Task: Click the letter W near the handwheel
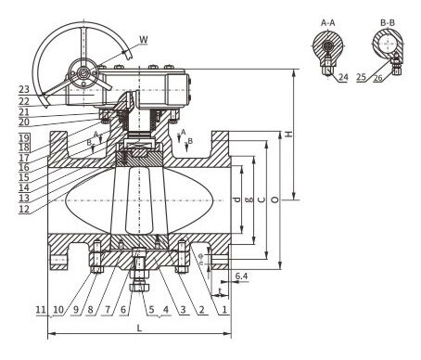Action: (x=143, y=39)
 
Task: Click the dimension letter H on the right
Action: (x=289, y=135)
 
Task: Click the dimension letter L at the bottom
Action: (x=139, y=329)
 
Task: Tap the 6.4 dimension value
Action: (x=241, y=276)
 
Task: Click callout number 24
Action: (x=343, y=79)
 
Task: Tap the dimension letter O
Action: (x=276, y=199)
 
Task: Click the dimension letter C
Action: (x=263, y=199)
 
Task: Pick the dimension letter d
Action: (x=237, y=199)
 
